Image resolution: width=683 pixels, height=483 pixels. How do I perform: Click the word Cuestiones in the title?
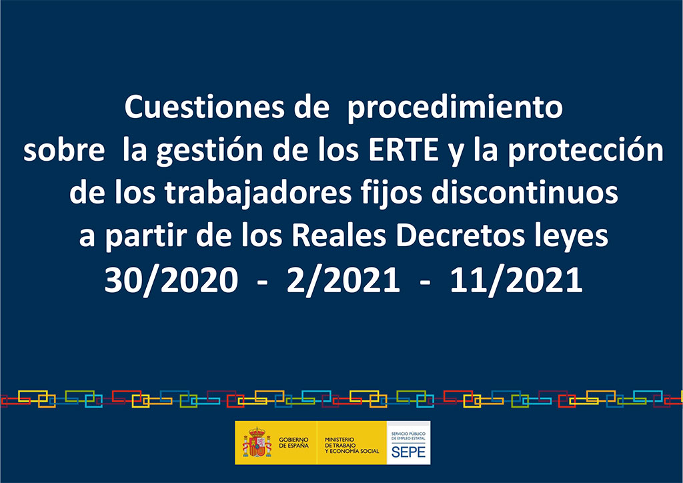point(204,107)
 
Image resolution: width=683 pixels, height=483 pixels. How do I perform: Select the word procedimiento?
point(454,108)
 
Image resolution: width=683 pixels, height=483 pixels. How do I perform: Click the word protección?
point(585,151)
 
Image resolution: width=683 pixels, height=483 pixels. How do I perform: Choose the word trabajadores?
point(258,193)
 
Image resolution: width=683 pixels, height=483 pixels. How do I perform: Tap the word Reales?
point(339,235)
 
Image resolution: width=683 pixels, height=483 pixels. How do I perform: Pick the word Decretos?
point(460,235)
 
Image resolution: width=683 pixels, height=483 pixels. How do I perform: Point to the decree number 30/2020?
point(171,280)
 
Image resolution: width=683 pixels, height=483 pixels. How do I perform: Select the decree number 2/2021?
point(343,280)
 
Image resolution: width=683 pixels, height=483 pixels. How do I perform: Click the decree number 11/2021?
point(516,280)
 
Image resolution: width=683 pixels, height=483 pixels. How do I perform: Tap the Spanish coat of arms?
point(257,442)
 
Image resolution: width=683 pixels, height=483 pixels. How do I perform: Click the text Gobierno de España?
point(293,442)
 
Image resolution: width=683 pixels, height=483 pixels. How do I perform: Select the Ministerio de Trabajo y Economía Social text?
point(352,445)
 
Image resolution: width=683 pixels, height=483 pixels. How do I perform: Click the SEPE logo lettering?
point(408,452)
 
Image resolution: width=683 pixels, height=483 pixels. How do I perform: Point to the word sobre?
point(64,151)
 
